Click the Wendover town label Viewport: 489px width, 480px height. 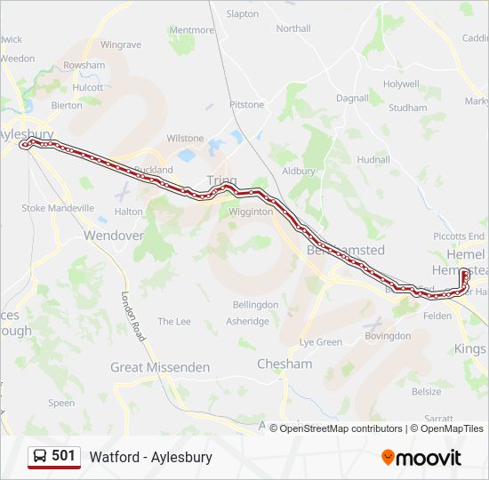click(x=113, y=236)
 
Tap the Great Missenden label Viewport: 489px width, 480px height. click(x=160, y=367)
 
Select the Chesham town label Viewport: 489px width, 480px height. click(x=285, y=364)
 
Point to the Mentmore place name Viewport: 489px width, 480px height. click(x=191, y=29)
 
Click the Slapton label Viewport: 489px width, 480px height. click(x=243, y=14)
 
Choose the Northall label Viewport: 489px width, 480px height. click(x=293, y=28)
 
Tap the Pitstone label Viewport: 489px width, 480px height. click(x=247, y=105)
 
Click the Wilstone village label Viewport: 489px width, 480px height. click(x=185, y=139)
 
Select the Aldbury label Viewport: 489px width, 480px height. click(x=299, y=171)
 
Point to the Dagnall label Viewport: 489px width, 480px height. click(x=352, y=98)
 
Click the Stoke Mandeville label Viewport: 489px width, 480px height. click(x=58, y=208)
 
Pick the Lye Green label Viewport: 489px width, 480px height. click(x=321, y=342)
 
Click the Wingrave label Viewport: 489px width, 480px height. click(x=121, y=44)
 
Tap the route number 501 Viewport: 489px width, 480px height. click(x=64, y=456)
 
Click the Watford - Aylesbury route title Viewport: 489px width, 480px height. click(x=150, y=457)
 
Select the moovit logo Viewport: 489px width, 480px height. click(x=421, y=458)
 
